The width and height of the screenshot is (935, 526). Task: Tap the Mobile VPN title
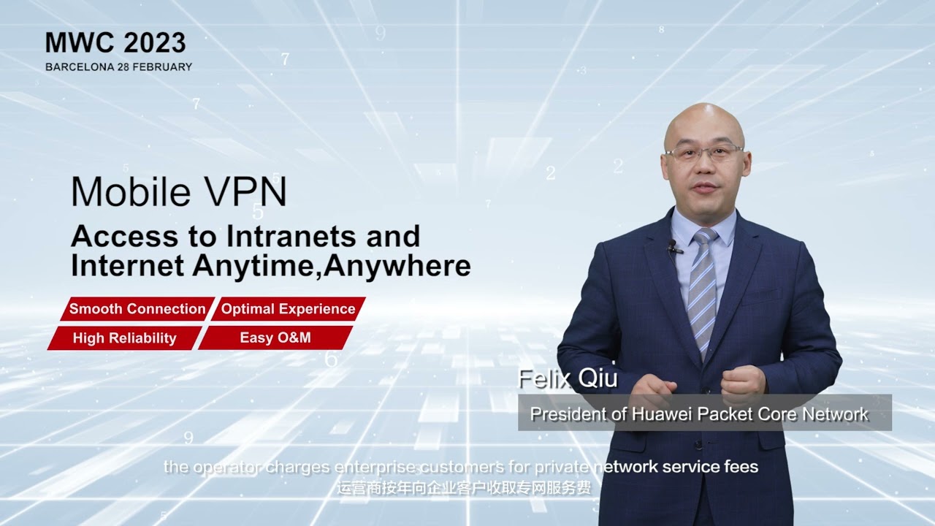coord(179,191)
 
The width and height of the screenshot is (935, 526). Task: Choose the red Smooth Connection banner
coord(136,309)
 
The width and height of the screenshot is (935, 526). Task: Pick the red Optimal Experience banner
coord(288,309)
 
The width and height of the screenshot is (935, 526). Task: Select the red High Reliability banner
coord(124,338)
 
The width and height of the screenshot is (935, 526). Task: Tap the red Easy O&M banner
coord(275,338)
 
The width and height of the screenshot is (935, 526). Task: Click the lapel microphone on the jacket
coord(673,248)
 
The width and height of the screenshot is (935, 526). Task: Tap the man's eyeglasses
coord(703,153)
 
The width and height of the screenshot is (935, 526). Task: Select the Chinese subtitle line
coord(464,487)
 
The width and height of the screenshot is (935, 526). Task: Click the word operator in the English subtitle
coord(219,467)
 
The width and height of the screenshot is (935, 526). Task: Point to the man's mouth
coord(706,188)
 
